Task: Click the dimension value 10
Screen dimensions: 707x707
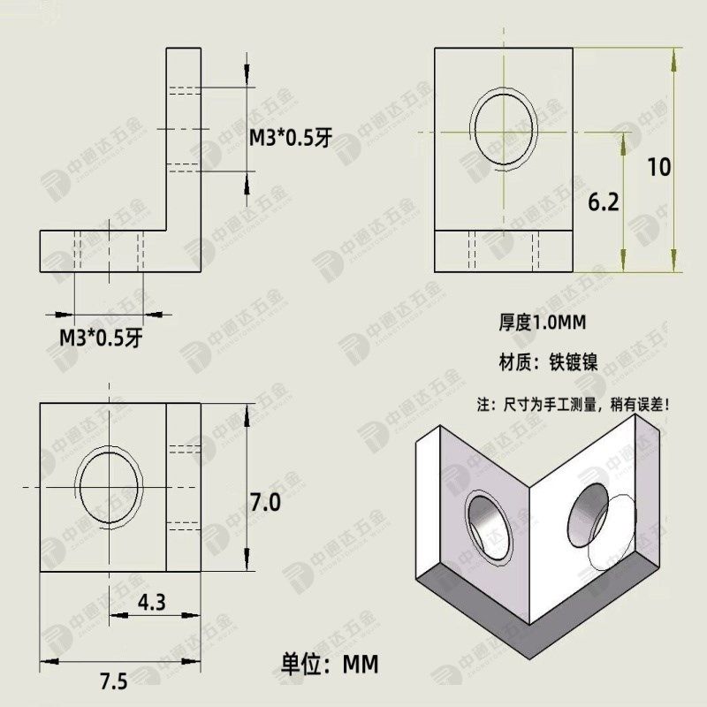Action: point(658,166)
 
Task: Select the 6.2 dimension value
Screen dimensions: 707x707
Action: point(604,201)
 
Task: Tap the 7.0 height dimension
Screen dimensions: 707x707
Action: point(264,503)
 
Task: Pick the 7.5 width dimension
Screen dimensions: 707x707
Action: point(113,681)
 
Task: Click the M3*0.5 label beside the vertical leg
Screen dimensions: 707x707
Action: point(288,138)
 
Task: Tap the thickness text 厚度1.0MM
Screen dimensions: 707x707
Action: point(543,322)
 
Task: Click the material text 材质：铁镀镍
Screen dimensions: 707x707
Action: point(542,362)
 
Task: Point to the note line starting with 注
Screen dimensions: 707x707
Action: point(574,406)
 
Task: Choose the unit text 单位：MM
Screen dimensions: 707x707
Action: point(330,663)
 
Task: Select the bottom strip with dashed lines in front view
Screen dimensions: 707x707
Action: point(503,250)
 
